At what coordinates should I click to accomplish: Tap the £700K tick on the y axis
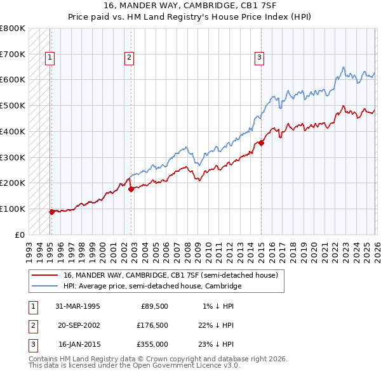[13, 54]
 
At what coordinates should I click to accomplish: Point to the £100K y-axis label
[13, 209]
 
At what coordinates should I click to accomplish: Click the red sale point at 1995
[52, 212]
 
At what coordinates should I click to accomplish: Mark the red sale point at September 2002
[131, 189]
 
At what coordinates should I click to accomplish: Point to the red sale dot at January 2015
[261, 143]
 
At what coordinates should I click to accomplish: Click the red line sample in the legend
[44, 276]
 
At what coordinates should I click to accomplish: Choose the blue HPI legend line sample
[44, 287]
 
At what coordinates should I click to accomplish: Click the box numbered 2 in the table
[32, 325]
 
